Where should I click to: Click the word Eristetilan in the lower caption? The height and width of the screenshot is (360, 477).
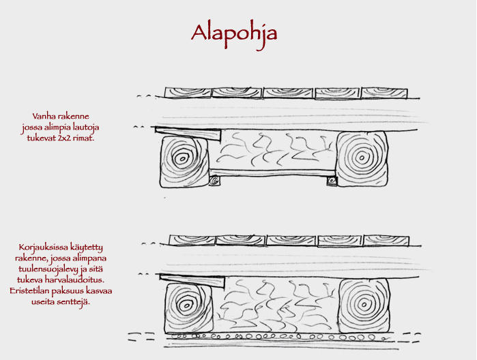pyautogui.click(x=29, y=290)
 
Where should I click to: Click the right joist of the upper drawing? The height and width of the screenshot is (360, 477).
pyautogui.click(x=362, y=159)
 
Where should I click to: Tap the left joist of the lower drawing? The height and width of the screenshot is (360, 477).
pyautogui.click(x=188, y=307)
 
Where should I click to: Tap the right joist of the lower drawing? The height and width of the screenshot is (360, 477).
pyautogui.click(x=364, y=305)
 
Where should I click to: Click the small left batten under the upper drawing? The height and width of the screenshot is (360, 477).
pyautogui.click(x=215, y=181)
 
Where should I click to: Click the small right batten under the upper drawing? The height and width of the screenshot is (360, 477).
pyautogui.click(x=331, y=181)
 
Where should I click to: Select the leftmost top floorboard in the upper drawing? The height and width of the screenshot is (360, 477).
pyautogui.click(x=188, y=93)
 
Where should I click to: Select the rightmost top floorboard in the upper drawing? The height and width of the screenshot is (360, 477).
pyautogui.click(x=384, y=93)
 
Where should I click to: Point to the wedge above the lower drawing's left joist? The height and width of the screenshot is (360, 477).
pyautogui.click(x=192, y=281)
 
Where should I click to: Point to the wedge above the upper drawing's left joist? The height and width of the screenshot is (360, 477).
pyautogui.click(x=188, y=134)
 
